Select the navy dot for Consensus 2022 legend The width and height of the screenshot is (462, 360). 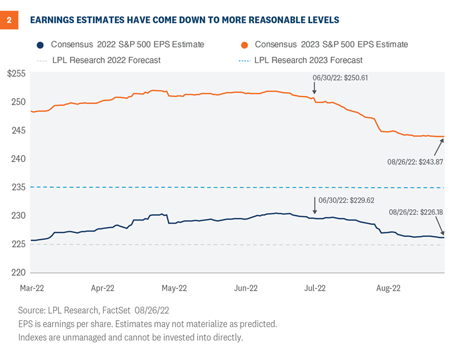click(x=39, y=44)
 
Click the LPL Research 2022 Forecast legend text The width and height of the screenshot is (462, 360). click(x=102, y=60)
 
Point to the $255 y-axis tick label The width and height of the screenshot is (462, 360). click(x=17, y=73)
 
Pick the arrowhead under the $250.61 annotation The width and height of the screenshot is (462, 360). click(x=314, y=92)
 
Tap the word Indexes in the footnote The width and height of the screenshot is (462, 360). click(x=34, y=337)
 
